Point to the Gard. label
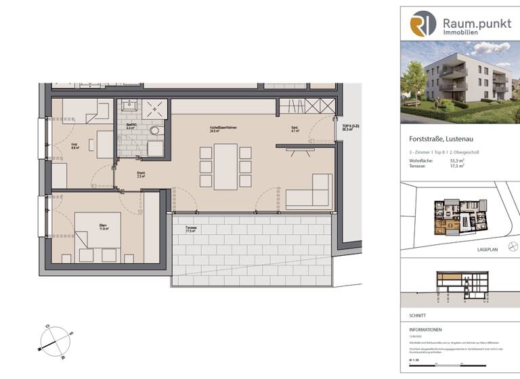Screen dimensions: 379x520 click(295, 129)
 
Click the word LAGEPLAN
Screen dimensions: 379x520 click(488, 250)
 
